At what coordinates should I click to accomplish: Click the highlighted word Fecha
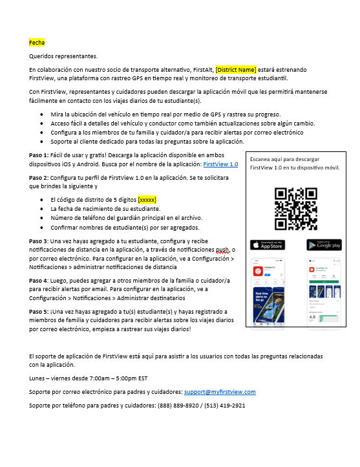point(37,43)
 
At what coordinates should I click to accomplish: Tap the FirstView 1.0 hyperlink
point(222,165)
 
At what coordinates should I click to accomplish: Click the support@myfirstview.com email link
point(220,392)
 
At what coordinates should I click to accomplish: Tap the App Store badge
point(267,245)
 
